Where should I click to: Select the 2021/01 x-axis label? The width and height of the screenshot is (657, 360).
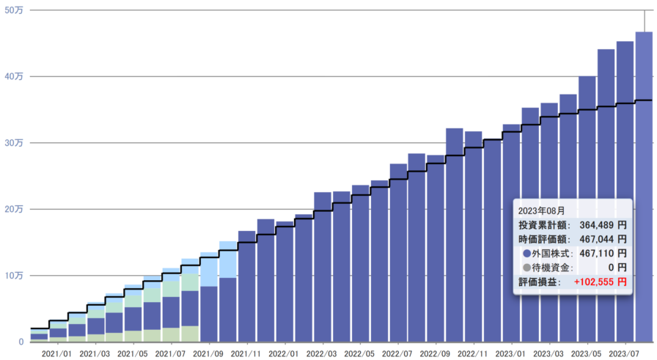[57, 353]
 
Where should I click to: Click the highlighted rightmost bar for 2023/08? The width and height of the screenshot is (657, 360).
[644, 183]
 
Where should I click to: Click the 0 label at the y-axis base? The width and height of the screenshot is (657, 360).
[22, 342]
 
